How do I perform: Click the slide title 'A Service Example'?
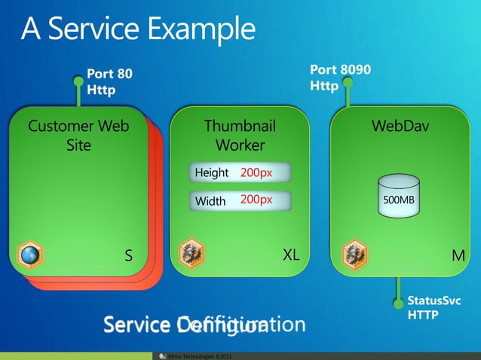pyautogui.click(x=138, y=29)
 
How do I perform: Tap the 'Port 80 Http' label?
pyautogui.click(x=109, y=82)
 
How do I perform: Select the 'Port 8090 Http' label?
pyautogui.click(x=340, y=78)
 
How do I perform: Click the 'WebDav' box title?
pyautogui.click(x=400, y=126)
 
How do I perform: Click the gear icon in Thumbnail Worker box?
pyautogui.click(x=191, y=254)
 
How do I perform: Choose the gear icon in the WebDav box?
pyautogui.click(x=354, y=254)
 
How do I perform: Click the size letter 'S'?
pyautogui.click(x=129, y=256)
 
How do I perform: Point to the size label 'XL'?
pyautogui.click(x=291, y=255)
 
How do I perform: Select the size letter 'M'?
pyautogui.click(x=458, y=256)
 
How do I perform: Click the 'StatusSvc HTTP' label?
pyautogui.click(x=434, y=308)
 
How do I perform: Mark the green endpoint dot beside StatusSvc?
pyautogui.click(x=398, y=303)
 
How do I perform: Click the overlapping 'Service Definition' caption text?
pyautogui.click(x=204, y=325)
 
